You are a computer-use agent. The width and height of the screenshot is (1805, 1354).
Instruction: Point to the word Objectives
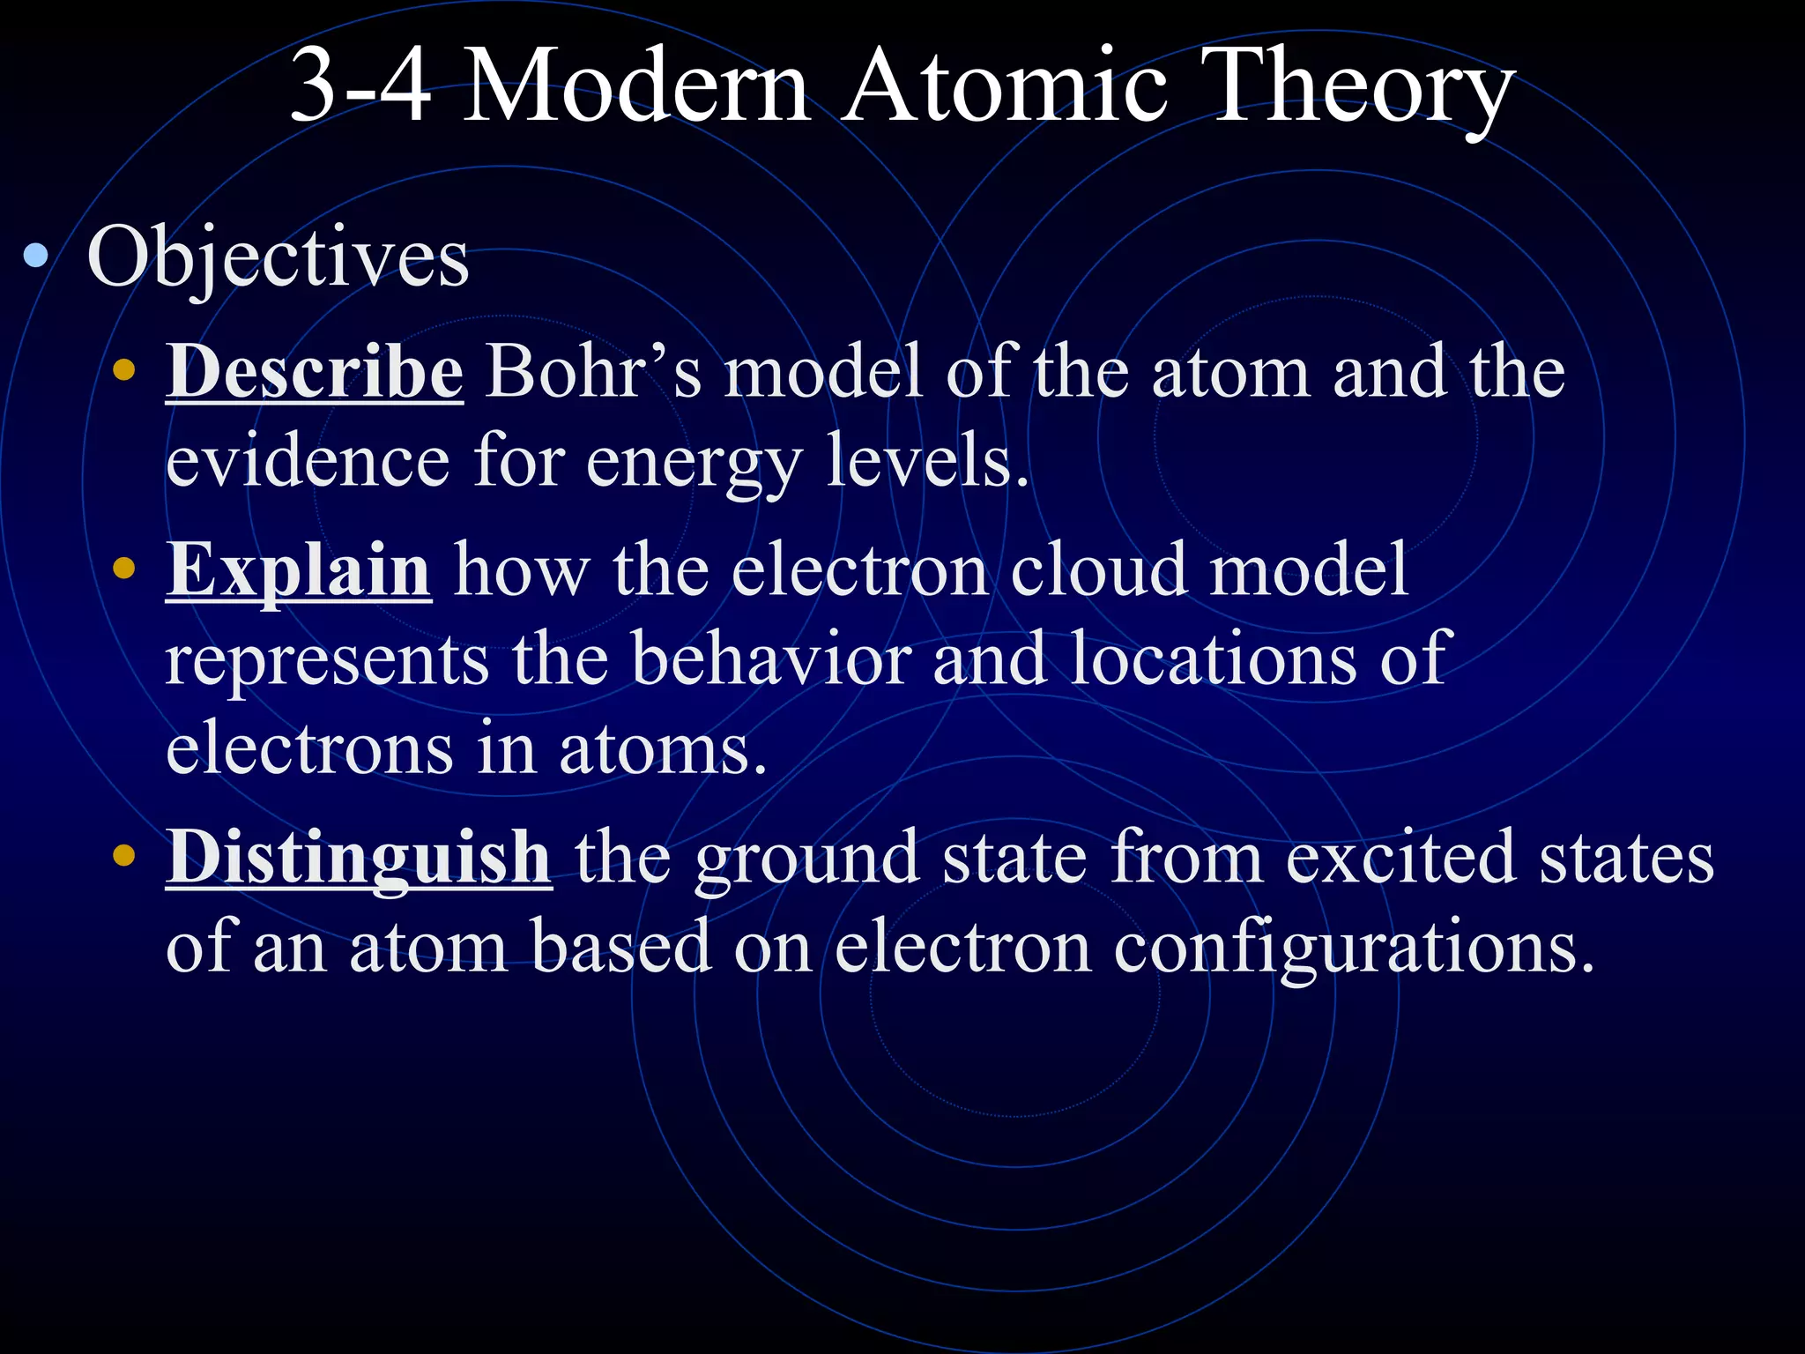coord(278,258)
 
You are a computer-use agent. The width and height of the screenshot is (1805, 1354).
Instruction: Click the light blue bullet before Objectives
coord(36,257)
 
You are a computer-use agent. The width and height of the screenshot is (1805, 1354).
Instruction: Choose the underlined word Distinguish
coord(359,858)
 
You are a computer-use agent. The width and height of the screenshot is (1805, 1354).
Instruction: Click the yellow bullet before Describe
coord(124,370)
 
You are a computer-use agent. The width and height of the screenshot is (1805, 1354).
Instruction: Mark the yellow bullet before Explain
coord(124,569)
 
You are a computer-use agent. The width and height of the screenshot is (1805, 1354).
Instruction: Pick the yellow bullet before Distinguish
coord(124,854)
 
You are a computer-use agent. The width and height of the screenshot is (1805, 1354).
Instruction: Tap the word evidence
coord(308,462)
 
